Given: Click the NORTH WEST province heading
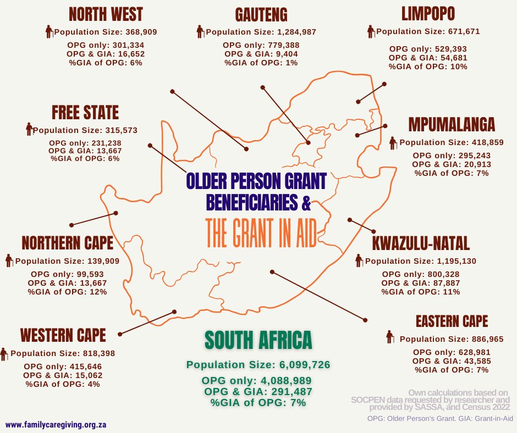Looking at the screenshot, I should (x=106, y=14).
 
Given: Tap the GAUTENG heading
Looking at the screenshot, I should (x=261, y=14).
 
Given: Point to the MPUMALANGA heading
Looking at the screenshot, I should (x=452, y=125).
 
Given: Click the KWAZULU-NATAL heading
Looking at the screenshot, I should (x=420, y=243).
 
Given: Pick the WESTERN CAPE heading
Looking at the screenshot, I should (x=63, y=335).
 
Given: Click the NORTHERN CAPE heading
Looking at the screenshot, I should (x=67, y=242).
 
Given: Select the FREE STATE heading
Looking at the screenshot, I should (x=85, y=113).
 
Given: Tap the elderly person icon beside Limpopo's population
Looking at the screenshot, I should (x=371, y=31).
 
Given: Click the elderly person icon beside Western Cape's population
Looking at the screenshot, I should (x=5, y=354).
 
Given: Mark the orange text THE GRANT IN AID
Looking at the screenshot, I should (x=261, y=234).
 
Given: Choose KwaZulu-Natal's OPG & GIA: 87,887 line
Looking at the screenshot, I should (x=421, y=283).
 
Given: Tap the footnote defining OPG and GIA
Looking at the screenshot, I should (x=440, y=419).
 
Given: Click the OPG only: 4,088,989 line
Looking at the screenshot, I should (x=257, y=381).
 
